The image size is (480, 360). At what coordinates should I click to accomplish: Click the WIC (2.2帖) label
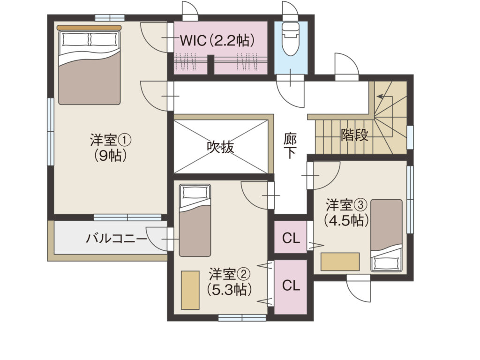(x=217, y=40)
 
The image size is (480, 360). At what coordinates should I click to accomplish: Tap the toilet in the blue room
(x=291, y=38)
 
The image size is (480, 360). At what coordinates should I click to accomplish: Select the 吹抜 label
(x=220, y=147)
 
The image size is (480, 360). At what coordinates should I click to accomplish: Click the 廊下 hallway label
(x=290, y=146)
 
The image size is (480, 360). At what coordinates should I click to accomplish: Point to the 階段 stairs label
(x=354, y=135)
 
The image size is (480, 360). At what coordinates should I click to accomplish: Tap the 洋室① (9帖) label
(x=111, y=148)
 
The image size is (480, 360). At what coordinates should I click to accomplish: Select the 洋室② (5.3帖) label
(x=230, y=282)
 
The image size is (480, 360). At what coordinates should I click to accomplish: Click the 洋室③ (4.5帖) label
(x=346, y=212)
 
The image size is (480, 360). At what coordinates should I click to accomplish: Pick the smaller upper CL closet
(x=291, y=237)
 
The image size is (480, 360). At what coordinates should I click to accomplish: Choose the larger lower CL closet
(x=291, y=287)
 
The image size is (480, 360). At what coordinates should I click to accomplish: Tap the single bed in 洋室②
(x=195, y=220)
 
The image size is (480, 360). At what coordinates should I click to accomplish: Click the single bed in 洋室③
(x=386, y=235)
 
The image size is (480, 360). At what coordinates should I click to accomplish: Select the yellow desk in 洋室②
(x=190, y=290)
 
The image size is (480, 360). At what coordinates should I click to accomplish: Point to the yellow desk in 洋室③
(x=340, y=262)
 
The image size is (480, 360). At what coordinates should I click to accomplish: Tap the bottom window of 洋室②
(x=242, y=318)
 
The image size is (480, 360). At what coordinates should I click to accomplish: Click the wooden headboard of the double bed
(x=89, y=28)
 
